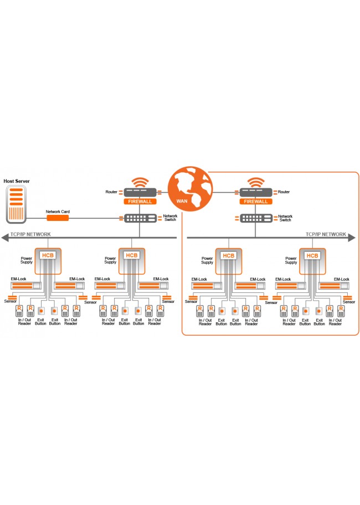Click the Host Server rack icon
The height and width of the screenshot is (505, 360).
pyautogui.click(x=17, y=205)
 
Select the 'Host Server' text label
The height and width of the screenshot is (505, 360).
pyautogui.click(x=17, y=181)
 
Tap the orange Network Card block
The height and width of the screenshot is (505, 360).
pyautogui.click(x=58, y=218)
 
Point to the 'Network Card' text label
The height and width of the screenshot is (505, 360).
pyautogui.click(x=58, y=212)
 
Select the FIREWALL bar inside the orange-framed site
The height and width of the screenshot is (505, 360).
pyautogui.click(x=255, y=202)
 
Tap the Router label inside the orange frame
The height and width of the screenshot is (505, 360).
pyautogui.click(x=284, y=192)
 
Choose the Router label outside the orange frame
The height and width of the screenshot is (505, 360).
pyautogui.click(x=111, y=192)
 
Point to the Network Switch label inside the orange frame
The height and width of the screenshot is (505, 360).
pyautogui.click(x=285, y=218)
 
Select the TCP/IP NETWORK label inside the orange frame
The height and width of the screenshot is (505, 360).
pyautogui.click(x=326, y=234)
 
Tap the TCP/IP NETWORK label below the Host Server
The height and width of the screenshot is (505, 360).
pyautogui.click(x=30, y=234)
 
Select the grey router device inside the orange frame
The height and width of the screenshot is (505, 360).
pyautogui.click(x=255, y=192)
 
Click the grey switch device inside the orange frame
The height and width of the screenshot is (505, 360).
pyautogui.click(x=255, y=218)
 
